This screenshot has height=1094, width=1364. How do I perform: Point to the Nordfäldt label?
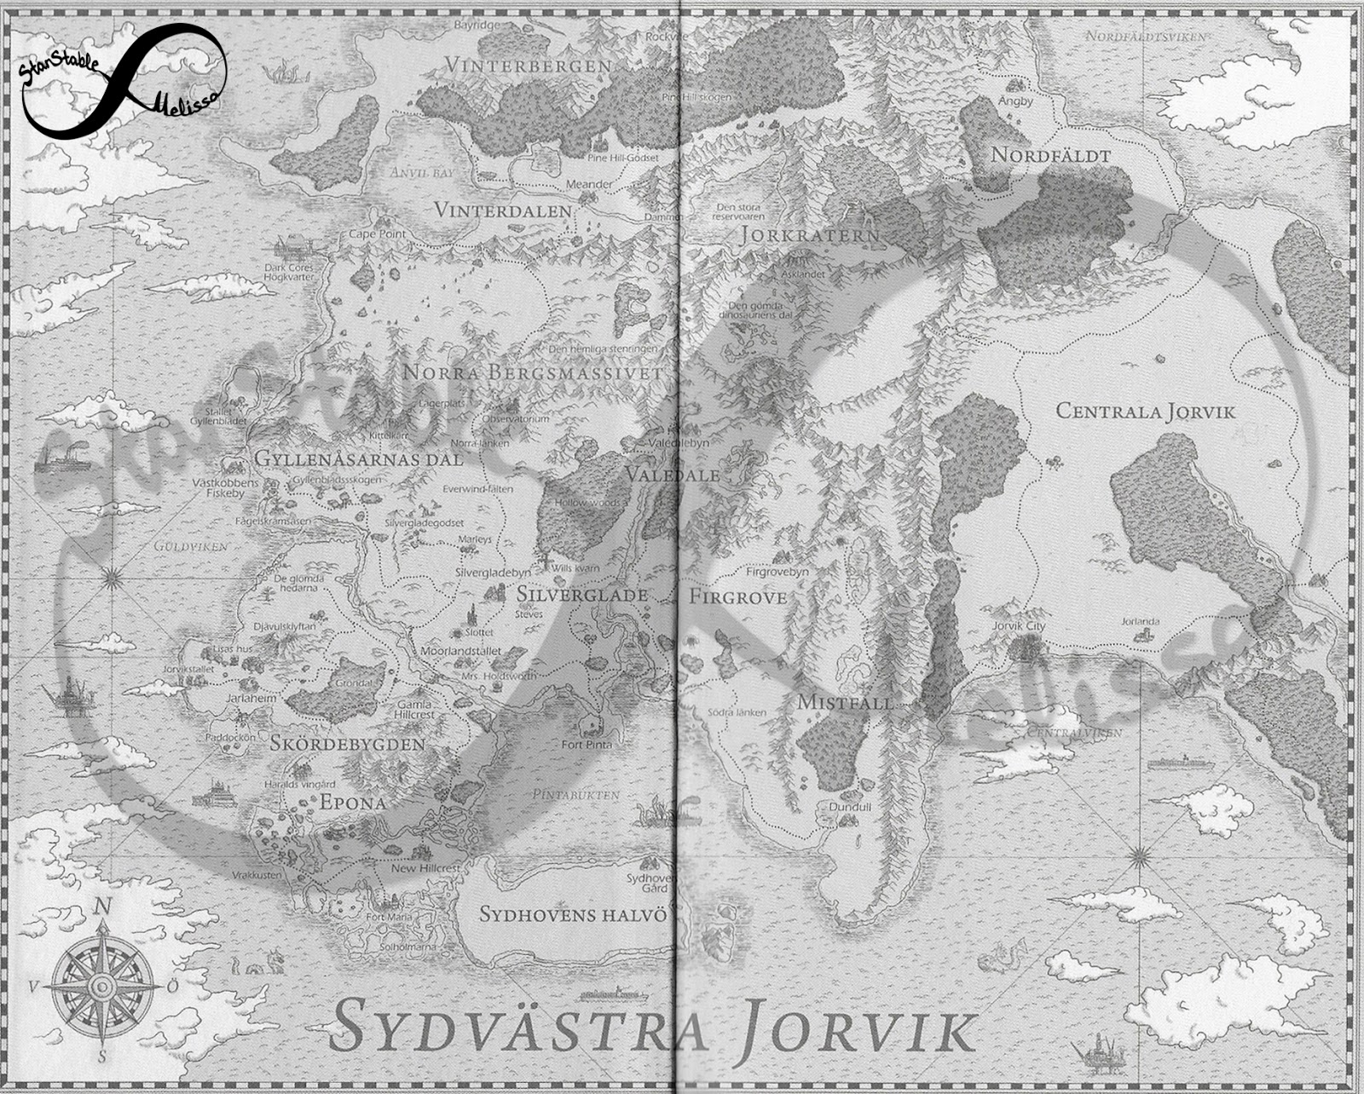(1049, 156)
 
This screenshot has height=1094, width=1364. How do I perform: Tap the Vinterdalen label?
(503, 210)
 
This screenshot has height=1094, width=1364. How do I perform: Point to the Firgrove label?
(737, 596)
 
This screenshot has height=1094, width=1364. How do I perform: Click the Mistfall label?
(844, 703)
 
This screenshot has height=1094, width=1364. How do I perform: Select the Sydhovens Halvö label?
(571, 914)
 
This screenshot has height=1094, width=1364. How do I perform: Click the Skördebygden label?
(347, 743)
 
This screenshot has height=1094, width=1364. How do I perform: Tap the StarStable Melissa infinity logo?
(123, 78)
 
